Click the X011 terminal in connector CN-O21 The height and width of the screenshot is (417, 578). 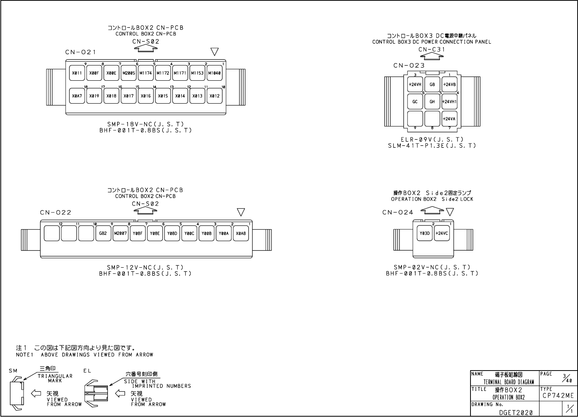[77, 73]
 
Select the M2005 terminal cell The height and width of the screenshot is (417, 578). [129, 73]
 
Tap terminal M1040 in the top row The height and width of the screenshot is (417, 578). [215, 73]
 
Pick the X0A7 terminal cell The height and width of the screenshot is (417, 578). [77, 96]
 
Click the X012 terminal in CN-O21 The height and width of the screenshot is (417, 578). [215, 96]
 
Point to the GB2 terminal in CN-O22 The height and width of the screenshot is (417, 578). [103, 233]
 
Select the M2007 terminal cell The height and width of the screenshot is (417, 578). [120, 233]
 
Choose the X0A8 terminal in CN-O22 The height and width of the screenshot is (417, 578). [241, 233]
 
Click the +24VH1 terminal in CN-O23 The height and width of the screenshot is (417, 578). [450, 102]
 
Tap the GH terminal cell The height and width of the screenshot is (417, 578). [432, 102]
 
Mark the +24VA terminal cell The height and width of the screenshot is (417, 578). [450, 119]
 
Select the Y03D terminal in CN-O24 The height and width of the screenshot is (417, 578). [425, 233]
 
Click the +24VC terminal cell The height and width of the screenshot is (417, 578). [442, 233]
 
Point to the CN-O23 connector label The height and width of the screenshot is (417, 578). [409, 66]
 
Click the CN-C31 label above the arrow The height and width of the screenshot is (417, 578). [432, 50]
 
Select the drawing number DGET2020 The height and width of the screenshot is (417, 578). [516, 412]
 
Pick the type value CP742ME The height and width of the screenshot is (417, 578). [557, 396]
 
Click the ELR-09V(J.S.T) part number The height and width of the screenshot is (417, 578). [432, 140]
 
